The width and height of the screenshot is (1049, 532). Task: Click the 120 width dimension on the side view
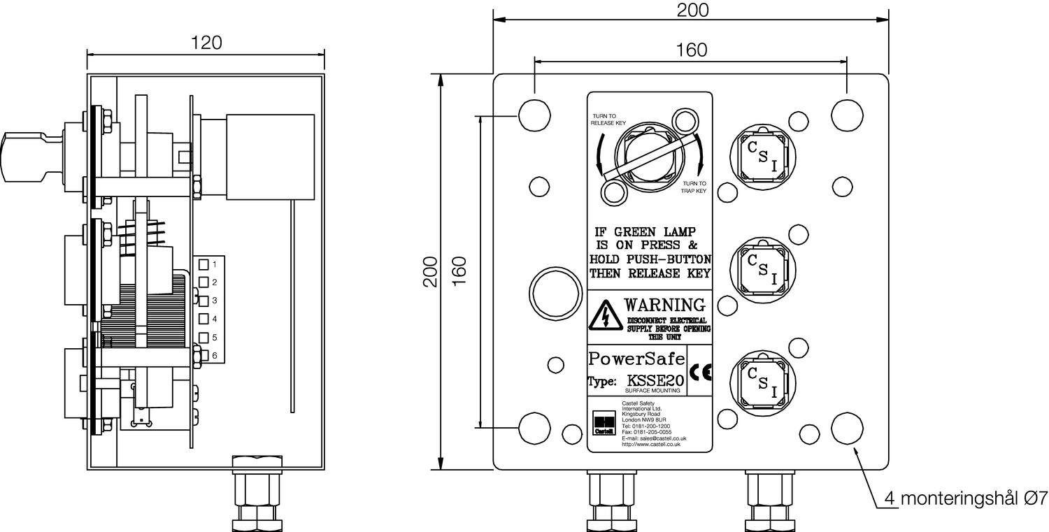pyautogui.click(x=206, y=43)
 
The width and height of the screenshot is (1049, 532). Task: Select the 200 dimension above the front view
pyautogui.click(x=692, y=10)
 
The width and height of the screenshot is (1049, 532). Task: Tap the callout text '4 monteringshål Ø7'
pyautogui.click(x=966, y=498)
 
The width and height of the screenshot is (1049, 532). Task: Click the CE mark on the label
pyautogui.click(x=701, y=373)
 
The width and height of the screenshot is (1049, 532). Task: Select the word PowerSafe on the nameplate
pyautogui.click(x=636, y=359)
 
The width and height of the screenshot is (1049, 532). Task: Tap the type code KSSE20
pyautogui.click(x=654, y=381)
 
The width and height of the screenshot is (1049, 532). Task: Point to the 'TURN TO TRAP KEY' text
pyautogui.click(x=694, y=187)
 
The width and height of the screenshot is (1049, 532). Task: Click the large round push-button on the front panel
pyautogui.click(x=555, y=292)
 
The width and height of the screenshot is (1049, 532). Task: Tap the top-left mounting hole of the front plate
pyautogui.click(x=534, y=115)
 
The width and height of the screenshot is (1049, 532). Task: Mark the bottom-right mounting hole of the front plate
pyautogui.click(x=847, y=428)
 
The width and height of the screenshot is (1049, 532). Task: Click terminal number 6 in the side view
pyautogui.click(x=214, y=356)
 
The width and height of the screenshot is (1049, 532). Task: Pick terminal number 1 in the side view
pyautogui.click(x=214, y=264)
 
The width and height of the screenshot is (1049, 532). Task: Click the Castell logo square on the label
pyautogui.click(x=604, y=423)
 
